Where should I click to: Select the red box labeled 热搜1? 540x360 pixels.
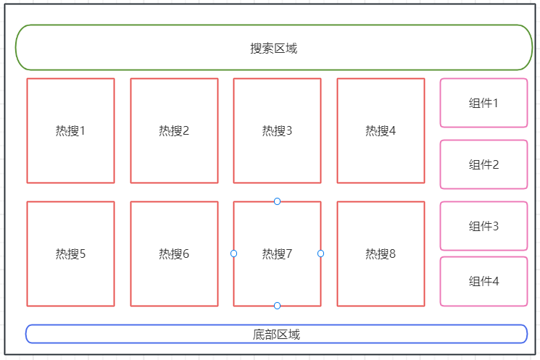coord(70,130)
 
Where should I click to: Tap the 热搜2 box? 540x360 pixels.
coord(174,130)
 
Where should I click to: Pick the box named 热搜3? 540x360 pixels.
coord(277,130)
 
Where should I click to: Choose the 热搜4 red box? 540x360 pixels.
coord(381,130)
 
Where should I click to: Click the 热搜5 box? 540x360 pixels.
coord(70,254)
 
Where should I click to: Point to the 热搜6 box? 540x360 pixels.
coord(174,254)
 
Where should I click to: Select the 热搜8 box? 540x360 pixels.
coord(381,254)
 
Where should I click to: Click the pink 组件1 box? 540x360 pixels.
coord(483,103)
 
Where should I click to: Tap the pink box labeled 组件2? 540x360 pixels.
coord(483,164)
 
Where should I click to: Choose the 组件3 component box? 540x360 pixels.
coord(483,226)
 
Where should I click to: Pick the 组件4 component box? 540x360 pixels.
coord(483,281)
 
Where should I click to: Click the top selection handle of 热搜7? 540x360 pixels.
coord(277,201)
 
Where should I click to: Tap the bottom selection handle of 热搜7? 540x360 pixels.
coord(277,306)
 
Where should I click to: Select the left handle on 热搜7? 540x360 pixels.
coord(233,254)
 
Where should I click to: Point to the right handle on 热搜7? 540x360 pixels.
coord(320,254)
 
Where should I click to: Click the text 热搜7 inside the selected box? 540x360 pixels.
coord(277,254)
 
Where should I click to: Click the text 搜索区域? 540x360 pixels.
coord(273,49)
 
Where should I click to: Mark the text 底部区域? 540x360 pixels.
coord(276,335)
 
